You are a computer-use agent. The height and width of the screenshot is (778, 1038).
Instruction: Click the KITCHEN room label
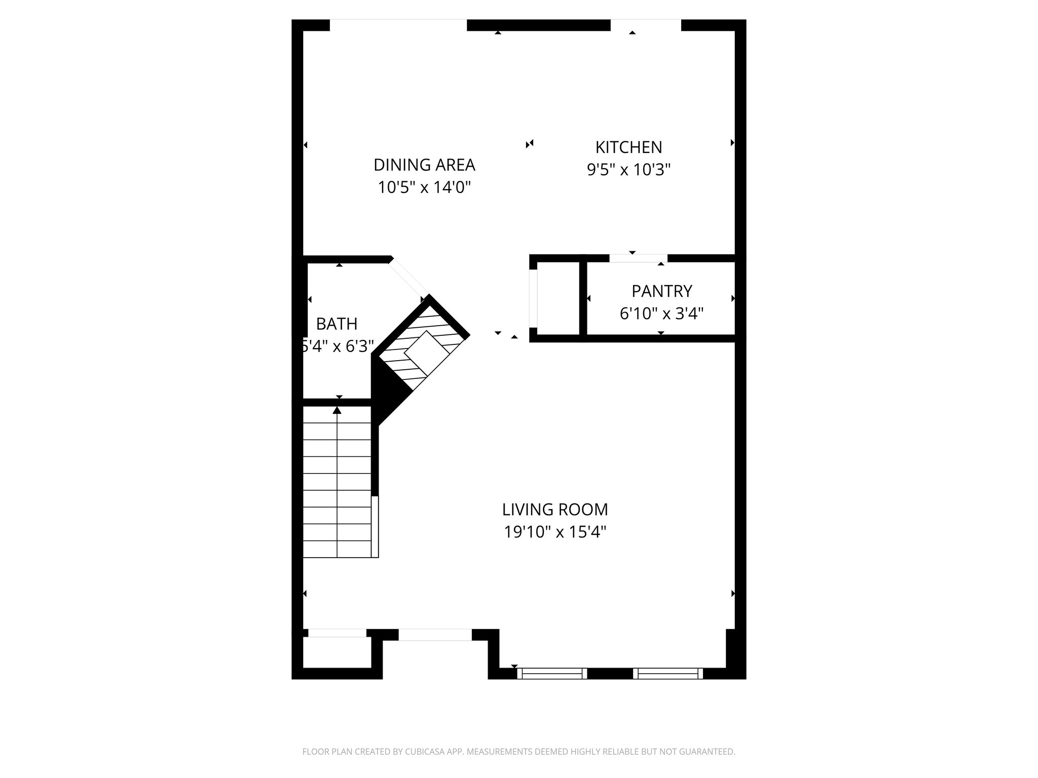(x=628, y=147)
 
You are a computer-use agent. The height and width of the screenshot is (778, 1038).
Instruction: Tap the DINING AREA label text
(x=424, y=165)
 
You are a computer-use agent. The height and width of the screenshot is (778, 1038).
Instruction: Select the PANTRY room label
(x=661, y=291)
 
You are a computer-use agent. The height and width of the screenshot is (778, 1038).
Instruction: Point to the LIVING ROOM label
(x=555, y=509)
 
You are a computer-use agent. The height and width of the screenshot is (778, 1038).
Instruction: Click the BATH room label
(x=337, y=324)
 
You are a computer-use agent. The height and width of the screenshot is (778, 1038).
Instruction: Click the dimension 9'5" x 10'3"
(x=628, y=170)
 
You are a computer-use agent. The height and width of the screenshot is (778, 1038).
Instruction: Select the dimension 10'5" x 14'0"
(x=424, y=188)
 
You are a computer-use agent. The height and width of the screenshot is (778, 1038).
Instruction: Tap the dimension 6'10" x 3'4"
(x=661, y=314)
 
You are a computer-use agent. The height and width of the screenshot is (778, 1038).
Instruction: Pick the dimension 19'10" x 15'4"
(x=555, y=532)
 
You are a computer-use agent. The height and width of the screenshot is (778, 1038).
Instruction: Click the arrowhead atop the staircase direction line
(x=337, y=410)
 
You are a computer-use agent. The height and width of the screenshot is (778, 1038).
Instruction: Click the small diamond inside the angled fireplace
(x=427, y=353)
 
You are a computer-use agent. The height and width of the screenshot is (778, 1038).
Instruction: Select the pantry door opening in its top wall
(x=638, y=258)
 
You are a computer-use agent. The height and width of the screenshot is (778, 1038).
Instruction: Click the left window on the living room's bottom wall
(x=552, y=673)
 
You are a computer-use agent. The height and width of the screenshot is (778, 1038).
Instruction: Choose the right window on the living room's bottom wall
(x=668, y=673)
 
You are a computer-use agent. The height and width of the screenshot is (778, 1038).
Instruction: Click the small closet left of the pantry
(x=558, y=298)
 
